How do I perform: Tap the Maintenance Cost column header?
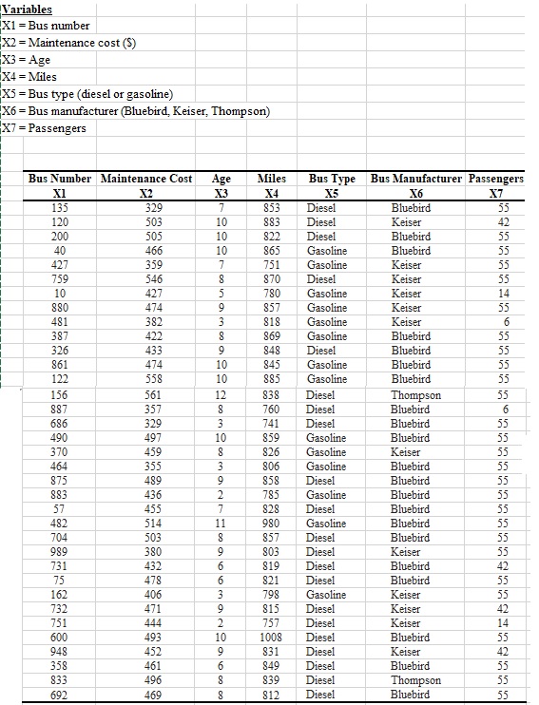145,178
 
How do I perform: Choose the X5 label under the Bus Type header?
332,192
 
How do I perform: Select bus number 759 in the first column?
59,279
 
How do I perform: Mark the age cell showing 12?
221,394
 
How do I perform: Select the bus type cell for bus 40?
327,251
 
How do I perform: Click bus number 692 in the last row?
59,695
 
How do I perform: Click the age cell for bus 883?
221,495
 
